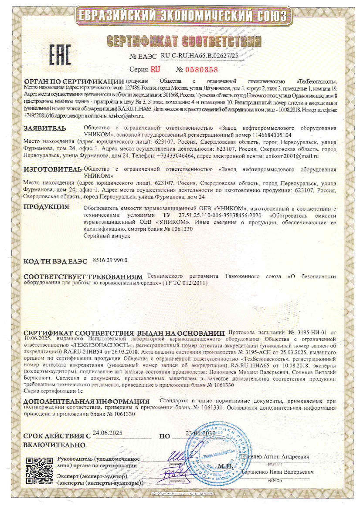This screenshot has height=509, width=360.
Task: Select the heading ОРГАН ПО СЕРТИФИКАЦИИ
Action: pyautogui.click(x=74, y=81)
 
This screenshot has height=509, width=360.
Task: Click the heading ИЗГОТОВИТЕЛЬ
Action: pyautogui.click(x=52, y=169)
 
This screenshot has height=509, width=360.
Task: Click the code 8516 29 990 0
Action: pyautogui.click(x=111, y=260)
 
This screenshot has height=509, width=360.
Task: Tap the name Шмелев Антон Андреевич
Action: pyautogui.click(x=275, y=457)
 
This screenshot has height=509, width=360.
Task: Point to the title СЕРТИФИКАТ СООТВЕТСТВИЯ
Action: pyautogui.click(x=185, y=41)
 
